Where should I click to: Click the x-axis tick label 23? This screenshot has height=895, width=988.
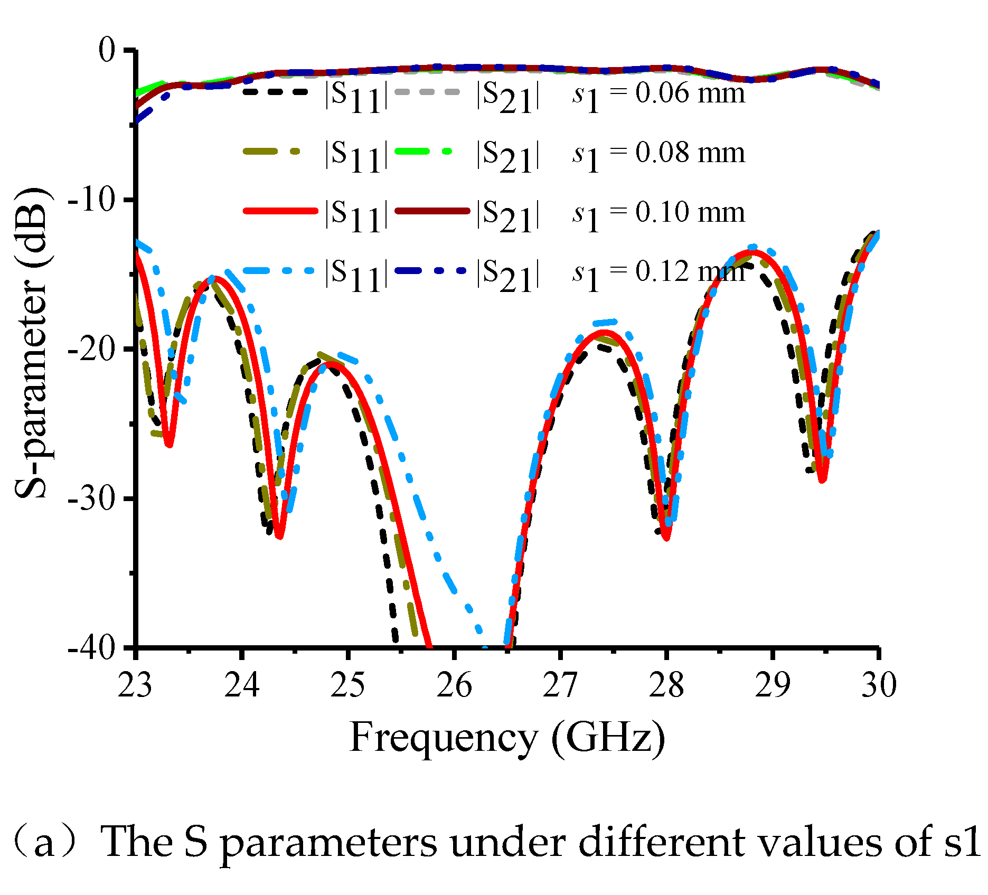[x=135, y=685]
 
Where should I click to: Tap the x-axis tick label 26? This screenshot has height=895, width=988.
[x=454, y=685]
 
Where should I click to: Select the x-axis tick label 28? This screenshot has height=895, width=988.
[x=666, y=685]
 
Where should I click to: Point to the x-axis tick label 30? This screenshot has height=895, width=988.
[x=879, y=685]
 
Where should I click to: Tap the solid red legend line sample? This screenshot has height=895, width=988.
[x=280, y=211]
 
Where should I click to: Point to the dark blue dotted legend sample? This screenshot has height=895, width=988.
[x=430, y=270]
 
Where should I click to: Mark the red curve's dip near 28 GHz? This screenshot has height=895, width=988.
[x=666, y=538]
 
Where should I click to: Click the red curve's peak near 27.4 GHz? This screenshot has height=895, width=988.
[x=604, y=332]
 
